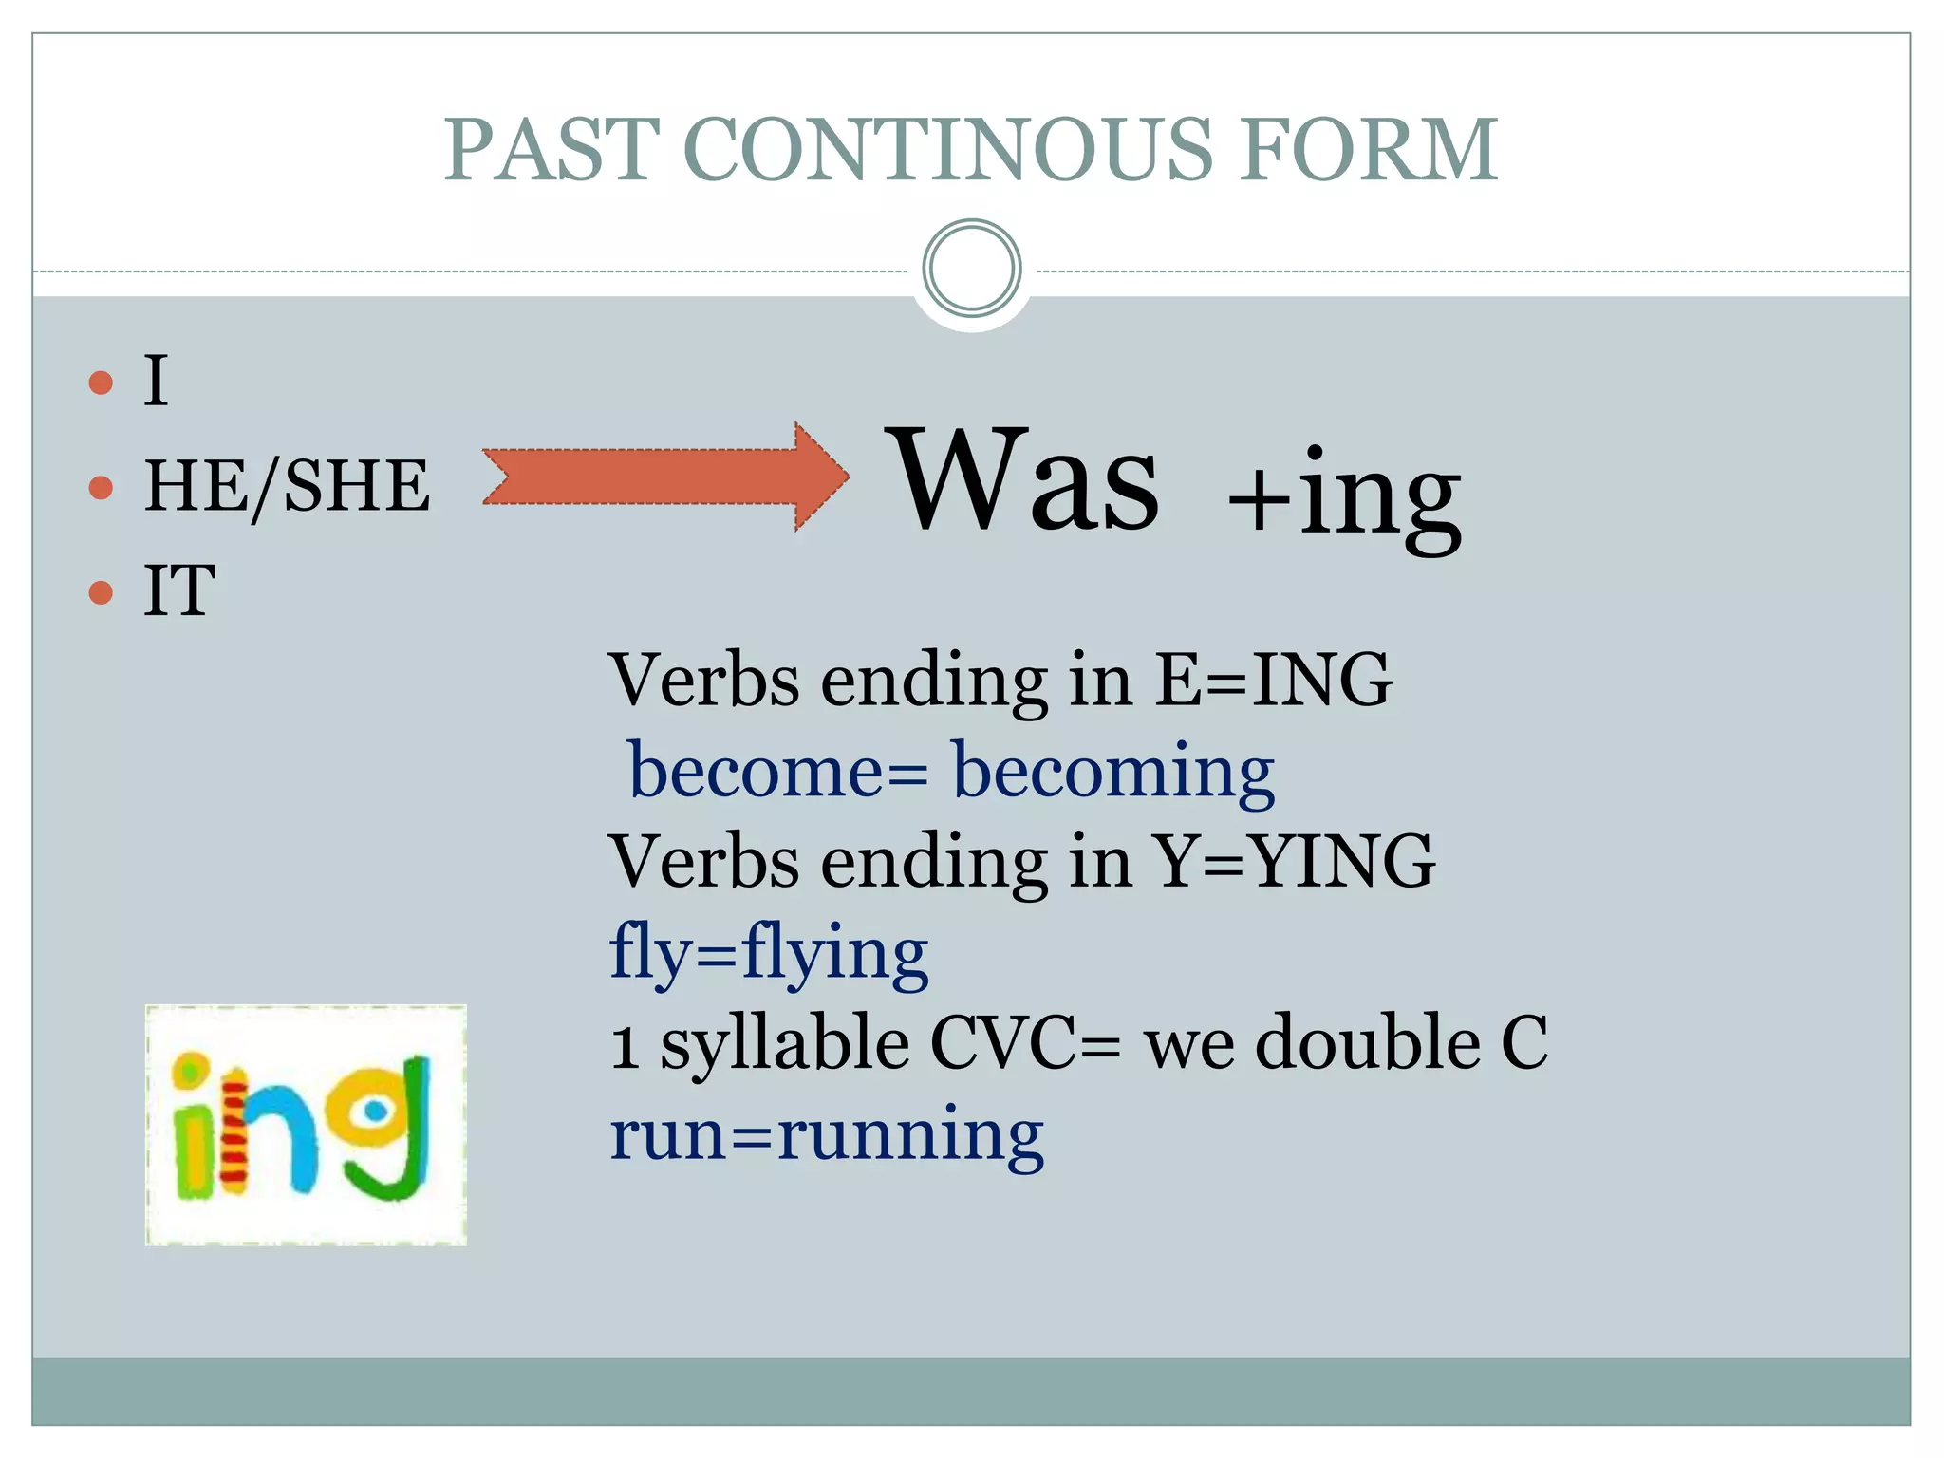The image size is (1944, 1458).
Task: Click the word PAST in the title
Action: [x=551, y=149]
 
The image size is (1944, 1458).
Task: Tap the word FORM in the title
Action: [x=1368, y=149]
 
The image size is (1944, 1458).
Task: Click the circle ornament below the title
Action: [x=971, y=269]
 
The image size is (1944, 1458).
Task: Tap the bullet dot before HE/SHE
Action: [x=101, y=488]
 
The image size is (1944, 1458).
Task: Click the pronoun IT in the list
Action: [x=179, y=590]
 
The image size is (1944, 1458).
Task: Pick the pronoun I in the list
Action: [x=156, y=381]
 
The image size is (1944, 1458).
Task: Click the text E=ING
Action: [x=1273, y=680]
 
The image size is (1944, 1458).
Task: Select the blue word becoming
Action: [x=1112, y=771]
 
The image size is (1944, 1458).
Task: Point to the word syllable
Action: [x=784, y=1043]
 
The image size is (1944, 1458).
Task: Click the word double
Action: [x=1368, y=1041]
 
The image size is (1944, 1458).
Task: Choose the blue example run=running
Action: [x=826, y=1133]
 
